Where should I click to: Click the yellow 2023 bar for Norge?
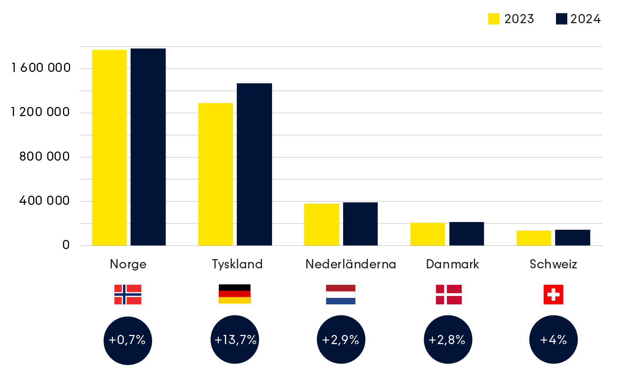click(109, 147)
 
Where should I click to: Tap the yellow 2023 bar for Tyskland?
click(216, 174)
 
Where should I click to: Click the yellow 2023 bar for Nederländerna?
click(321, 224)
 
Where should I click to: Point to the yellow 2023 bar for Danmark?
click(428, 234)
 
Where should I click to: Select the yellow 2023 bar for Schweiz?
click(534, 238)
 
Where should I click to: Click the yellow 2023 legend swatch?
click(494, 19)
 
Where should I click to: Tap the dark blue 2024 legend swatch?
click(562, 19)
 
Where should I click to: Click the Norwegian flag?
click(128, 294)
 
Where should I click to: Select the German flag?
click(235, 297)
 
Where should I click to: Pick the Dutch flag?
click(340, 294)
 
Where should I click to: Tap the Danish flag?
click(448, 294)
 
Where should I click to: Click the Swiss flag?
click(553, 294)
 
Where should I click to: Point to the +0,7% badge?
click(128, 340)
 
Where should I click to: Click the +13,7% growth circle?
click(235, 340)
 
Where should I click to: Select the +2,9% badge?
click(341, 340)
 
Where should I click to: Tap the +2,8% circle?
click(448, 340)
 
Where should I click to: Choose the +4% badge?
click(553, 340)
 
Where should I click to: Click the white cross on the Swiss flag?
click(553, 294)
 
